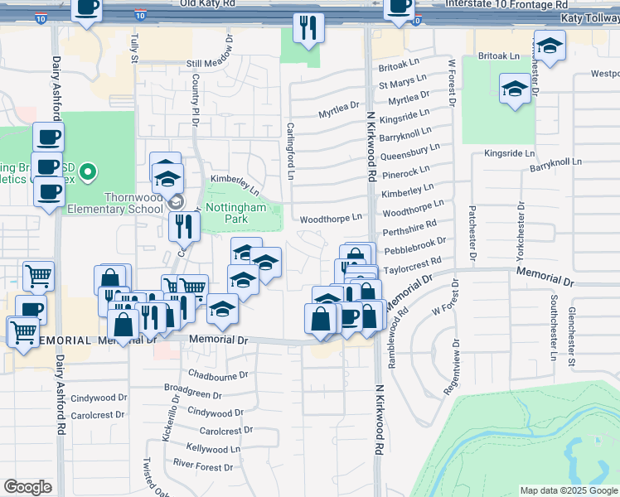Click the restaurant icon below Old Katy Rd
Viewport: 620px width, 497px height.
pyautogui.click(x=308, y=27)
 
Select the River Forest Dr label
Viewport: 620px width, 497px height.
pyautogui.click(x=205, y=467)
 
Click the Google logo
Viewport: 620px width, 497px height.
pyautogui.click(x=27, y=487)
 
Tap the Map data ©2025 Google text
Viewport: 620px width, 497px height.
pyautogui.click(x=568, y=490)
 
